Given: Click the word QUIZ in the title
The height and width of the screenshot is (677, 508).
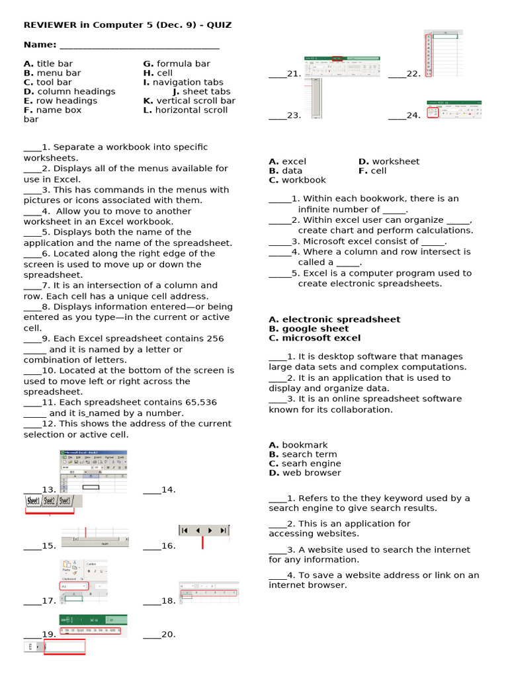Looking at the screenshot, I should (x=218, y=25).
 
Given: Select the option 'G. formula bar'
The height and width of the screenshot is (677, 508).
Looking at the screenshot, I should (x=177, y=63).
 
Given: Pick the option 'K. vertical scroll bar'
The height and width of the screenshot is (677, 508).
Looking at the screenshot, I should (x=189, y=100).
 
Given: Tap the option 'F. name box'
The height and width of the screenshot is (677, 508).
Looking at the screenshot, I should (x=53, y=110).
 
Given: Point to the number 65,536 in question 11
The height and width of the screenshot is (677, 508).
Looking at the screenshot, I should (x=198, y=402).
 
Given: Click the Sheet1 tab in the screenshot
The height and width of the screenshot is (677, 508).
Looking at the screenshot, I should (x=33, y=501).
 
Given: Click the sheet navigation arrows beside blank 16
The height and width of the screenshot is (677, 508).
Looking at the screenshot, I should (x=204, y=530).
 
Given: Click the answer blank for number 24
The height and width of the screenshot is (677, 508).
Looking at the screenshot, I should (x=397, y=116).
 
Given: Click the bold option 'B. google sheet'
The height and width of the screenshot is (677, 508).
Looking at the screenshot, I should (x=308, y=329).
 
